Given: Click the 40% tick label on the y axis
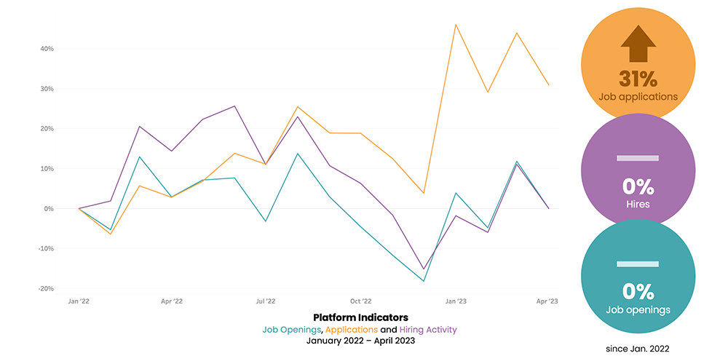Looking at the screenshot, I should click(47, 49).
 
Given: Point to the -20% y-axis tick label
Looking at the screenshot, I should click(45, 288).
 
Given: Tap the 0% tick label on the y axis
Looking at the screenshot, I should click(49, 208).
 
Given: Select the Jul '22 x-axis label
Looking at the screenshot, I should click(266, 300).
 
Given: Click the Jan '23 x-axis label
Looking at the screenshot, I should click(456, 300).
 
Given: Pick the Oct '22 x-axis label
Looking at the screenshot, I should click(360, 300).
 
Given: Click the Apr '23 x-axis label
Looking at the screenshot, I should click(547, 300).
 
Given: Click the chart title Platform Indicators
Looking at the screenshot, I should click(360, 317).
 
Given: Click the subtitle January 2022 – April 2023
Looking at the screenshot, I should click(360, 341).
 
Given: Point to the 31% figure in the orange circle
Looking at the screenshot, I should click(638, 78).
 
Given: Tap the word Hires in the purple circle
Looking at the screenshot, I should click(638, 204).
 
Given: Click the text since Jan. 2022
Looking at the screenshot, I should click(638, 349).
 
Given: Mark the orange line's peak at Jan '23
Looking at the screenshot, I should click(456, 24).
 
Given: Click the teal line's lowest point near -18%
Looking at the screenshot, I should click(424, 281).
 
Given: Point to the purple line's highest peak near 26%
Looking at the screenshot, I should click(234, 106).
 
